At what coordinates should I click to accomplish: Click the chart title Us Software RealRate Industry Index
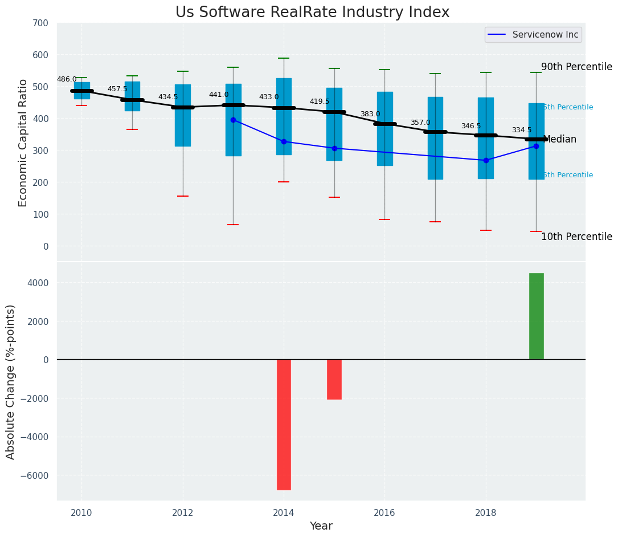coord(312,13)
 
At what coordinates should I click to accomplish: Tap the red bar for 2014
coord(284,424)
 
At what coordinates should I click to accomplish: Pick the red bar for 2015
coord(334,379)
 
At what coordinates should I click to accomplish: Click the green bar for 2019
coord(536,316)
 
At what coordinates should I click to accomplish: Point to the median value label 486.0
coord(67,80)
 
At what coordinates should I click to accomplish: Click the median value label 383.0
coord(370,115)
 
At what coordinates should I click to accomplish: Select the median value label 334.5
coord(522,131)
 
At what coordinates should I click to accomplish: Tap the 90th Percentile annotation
coord(576,67)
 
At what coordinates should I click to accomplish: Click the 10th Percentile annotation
coord(576,237)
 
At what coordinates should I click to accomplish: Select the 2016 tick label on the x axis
coord(384,513)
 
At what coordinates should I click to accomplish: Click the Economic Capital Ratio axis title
coord(23,143)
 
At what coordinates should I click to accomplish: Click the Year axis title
coord(321,526)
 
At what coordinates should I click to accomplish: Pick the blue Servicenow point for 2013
coord(233,120)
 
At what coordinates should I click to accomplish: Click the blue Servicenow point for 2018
coord(486,160)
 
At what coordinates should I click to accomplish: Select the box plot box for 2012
coord(183,115)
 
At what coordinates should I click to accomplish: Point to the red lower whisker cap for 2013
coord(233,225)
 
